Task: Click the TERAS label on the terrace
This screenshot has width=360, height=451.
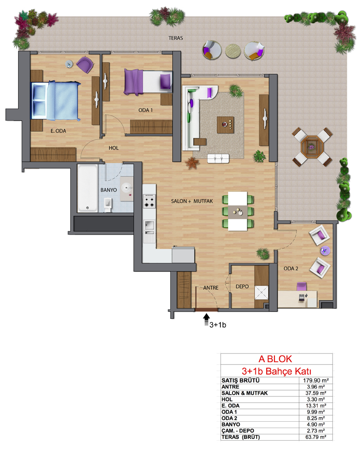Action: coord(176,38)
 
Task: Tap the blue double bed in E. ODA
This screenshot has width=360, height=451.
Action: coord(56,101)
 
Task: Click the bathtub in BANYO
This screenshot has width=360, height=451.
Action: coord(87,188)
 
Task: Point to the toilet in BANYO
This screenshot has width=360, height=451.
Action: coord(108,204)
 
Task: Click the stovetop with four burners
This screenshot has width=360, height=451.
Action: coord(149,201)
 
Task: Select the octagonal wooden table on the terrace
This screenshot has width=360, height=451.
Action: coord(312,147)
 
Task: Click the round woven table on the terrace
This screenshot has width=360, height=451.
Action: coord(233,51)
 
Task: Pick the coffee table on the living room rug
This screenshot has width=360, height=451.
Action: coord(225,125)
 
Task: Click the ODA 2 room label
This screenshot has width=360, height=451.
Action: coord(291,268)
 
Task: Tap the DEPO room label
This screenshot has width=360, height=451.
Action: coord(242,286)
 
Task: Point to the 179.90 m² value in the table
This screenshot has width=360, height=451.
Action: coord(316,380)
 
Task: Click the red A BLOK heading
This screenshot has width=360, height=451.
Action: coord(275,359)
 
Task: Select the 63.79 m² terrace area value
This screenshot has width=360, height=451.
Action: coord(316,437)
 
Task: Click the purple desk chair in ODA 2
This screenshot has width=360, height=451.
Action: coord(301,286)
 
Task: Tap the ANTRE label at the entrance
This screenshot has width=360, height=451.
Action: coord(210,288)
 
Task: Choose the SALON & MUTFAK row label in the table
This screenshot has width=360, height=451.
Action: coord(245,393)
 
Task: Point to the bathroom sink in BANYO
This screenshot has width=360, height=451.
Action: coord(127,188)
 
